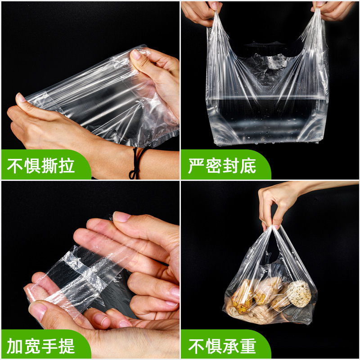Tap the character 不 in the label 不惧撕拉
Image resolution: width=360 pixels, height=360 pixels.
tap(15, 166)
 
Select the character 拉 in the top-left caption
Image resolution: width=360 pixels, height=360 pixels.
tap(67, 166)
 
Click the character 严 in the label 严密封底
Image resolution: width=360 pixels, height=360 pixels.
tap(196, 166)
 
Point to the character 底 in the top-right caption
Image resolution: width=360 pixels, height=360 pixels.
tap(248, 166)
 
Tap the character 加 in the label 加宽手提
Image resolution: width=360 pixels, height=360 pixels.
tap(15, 346)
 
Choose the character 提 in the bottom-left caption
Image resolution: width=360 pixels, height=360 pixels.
tap(67, 346)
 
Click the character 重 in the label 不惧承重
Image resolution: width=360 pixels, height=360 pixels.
tap(248, 346)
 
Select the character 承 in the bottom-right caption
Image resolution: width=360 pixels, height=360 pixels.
tap(231, 346)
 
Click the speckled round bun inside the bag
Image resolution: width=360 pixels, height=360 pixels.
tap(299, 294)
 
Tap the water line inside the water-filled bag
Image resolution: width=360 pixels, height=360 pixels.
tap(266, 97)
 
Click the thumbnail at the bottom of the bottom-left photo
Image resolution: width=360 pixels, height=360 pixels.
tap(37, 311)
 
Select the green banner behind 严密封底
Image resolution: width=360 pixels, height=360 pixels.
tap(226, 164)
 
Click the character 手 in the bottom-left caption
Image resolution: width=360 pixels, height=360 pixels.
tap(49, 346)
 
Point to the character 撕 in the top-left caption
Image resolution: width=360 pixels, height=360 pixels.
tap(49, 166)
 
